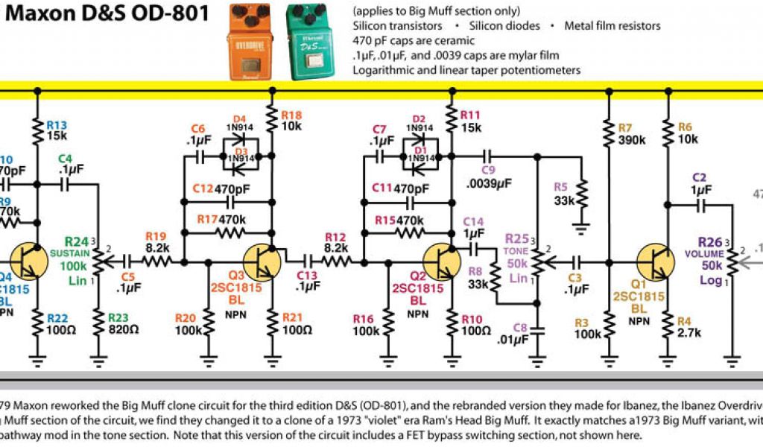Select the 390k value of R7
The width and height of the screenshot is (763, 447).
tap(631, 140)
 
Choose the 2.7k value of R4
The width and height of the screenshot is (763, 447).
tap(689, 333)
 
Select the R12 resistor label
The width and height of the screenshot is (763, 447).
tap(335, 236)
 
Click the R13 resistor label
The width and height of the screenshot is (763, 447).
tap(57, 124)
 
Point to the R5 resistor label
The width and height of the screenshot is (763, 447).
tap(560, 186)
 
